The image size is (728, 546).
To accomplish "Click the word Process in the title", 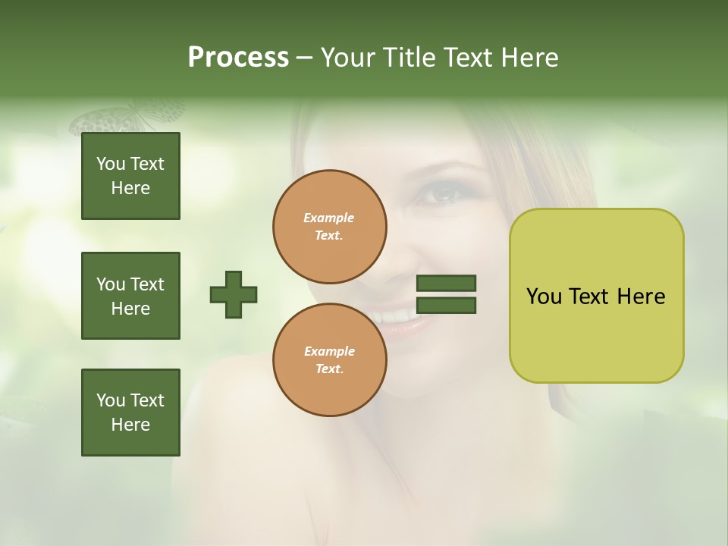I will [x=238, y=58].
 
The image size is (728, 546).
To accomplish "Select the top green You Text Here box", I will [x=130, y=176].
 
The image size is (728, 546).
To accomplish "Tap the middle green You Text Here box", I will [x=130, y=296].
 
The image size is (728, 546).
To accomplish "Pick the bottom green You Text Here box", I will [x=130, y=413].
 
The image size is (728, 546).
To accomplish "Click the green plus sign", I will [x=234, y=294].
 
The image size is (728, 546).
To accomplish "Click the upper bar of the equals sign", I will [x=447, y=284].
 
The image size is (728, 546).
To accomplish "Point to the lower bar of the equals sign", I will [x=447, y=306].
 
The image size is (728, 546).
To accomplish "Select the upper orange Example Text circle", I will [x=330, y=227].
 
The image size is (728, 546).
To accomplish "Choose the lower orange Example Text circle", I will [x=330, y=360].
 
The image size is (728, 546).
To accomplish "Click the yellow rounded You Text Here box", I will [x=596, y=296].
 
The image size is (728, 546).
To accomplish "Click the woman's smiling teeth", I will [x=394, y=313].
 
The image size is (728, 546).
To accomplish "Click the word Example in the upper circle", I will [x=329, y=218].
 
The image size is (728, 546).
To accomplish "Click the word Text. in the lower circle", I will [x=330, y=369].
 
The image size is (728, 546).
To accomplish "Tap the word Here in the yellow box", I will [x=641, y=297].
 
